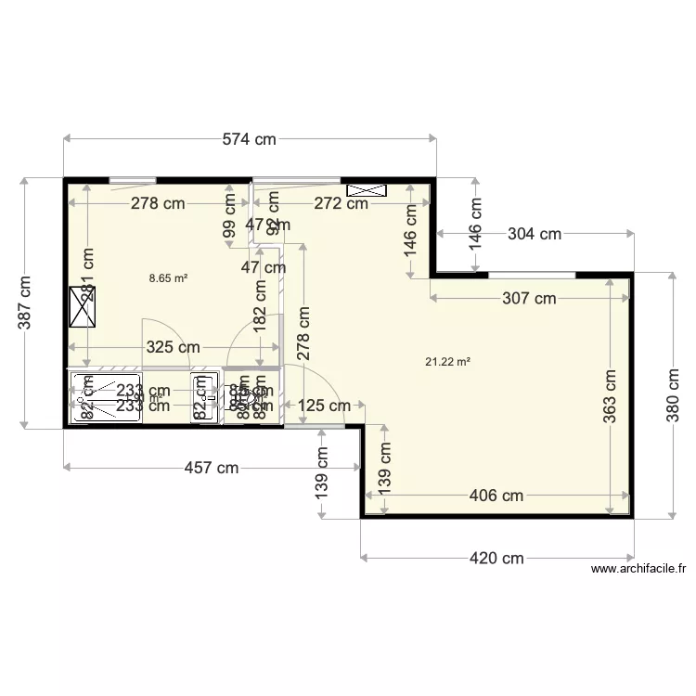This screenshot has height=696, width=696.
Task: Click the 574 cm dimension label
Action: (x=251, y=140)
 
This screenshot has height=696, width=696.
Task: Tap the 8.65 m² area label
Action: (x=169, y=277)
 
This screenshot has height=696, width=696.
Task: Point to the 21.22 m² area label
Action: (x=447, y=362)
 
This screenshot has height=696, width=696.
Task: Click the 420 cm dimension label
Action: (x=496, y=559)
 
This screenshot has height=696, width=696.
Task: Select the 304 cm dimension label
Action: (x=535, y=235)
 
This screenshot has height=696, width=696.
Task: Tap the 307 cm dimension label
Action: (x=529, y=299)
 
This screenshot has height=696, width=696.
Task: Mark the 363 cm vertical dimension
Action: (x=610, y=398)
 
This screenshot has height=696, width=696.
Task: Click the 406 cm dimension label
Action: (x=496, y=496)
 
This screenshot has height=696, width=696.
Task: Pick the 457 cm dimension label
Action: (x=211, y=469)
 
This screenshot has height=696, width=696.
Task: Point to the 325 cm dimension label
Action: (x=173, y=348)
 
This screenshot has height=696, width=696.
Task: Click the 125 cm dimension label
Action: (x=324, y=406)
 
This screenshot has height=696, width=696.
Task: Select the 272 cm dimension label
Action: (x=341, y=204)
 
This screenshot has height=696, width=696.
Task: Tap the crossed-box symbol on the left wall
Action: (x=83, y=306)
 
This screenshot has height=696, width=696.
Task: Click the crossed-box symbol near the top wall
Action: (x=366, y=190)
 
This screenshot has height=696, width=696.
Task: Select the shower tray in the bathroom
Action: (x=105, y=397)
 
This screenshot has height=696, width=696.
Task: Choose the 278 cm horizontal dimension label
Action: (x=157, y=204)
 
